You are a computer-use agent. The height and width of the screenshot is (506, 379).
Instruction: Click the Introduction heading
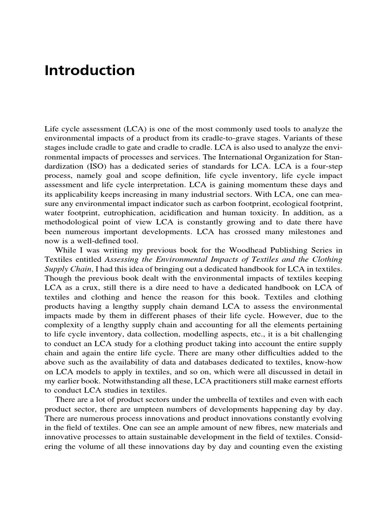[89, 70]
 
